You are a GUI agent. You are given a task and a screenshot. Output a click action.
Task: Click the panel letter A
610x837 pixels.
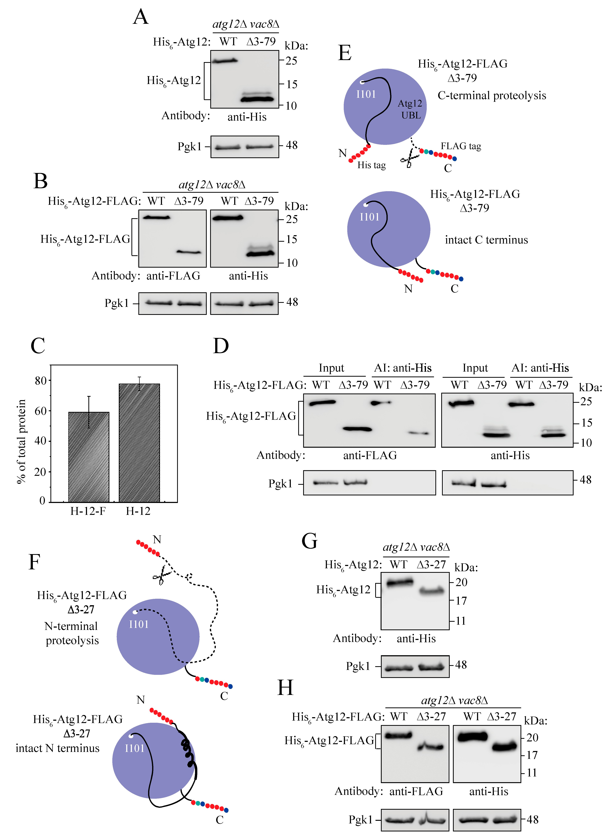coord(141,17)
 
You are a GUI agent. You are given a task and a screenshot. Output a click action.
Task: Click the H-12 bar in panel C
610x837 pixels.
coord(139,443)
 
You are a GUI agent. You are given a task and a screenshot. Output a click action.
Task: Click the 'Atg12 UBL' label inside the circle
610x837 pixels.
coord(410,109)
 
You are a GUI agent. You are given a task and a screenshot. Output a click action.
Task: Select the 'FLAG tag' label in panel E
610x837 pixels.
coord(461,146)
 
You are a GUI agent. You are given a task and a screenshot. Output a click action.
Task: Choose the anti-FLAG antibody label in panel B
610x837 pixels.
coord(173,276)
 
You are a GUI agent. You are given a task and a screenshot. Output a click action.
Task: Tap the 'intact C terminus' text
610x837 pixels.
coord(486,240)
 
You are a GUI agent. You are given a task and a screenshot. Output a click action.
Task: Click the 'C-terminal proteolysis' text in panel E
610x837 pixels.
coord(492,95)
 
